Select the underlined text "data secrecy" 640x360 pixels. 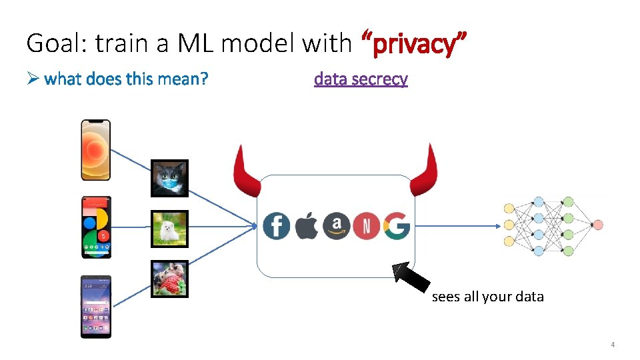coord(361,79)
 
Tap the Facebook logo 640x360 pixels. coord(276,226)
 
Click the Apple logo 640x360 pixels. coord(307,226)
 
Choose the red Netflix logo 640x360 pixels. coord(366,226)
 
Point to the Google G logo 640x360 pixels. coord(396,226)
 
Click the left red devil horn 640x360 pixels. coord(246,173)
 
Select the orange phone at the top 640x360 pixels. coord(96,149)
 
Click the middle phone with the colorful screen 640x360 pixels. coord(96,227)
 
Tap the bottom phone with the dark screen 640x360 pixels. coord(96,306)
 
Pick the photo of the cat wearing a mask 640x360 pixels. coord(169,178)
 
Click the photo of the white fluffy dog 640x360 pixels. coord(169,229)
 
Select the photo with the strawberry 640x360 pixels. coord(169,279)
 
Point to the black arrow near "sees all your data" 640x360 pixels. coord(412,277)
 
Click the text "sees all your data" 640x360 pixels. coord(487,297)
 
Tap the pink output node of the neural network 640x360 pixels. coord(597,225)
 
